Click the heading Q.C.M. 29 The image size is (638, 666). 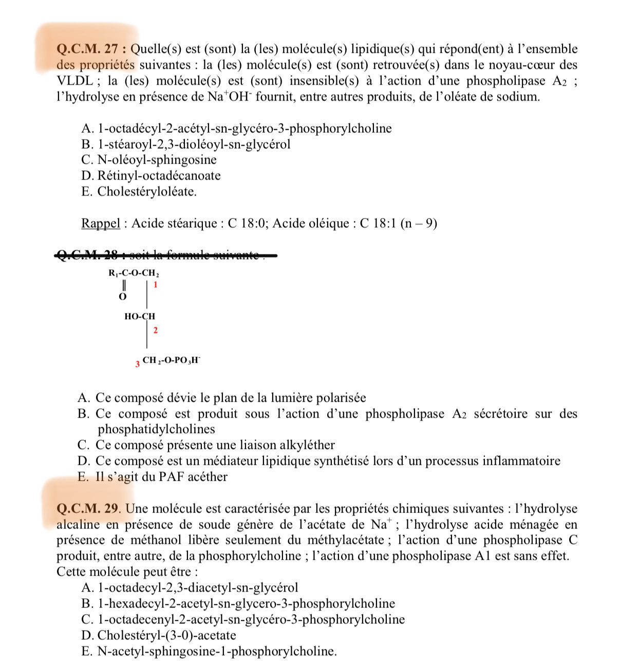(87, 508)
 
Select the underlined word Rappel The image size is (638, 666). (101, 223)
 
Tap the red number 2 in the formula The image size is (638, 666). (155, 330)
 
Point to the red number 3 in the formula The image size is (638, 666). (138, 364)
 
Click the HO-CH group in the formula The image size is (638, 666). (139, 317)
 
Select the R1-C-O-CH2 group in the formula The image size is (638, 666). (134, 273)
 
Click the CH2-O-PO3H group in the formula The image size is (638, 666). (172, 360)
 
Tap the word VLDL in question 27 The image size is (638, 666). (74, 81)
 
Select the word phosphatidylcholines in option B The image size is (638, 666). (156, 429)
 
